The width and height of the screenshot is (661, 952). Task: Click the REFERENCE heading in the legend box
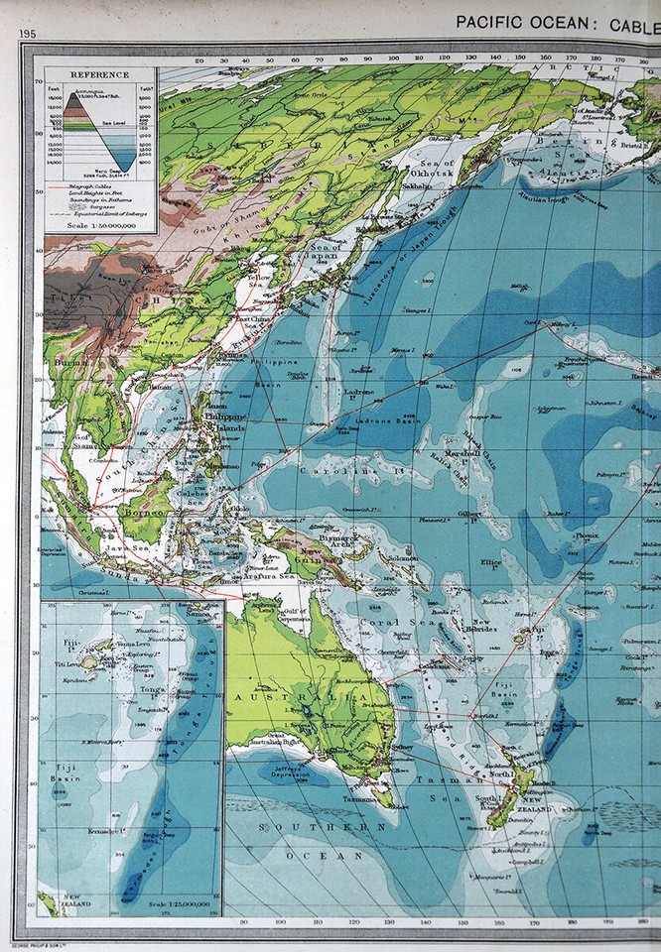[98, 74]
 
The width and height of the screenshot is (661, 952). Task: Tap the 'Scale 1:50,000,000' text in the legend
[97, 225]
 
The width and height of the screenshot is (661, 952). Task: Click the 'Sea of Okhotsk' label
[436, 168]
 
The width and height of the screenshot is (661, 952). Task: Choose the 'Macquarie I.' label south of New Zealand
[479, 877]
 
